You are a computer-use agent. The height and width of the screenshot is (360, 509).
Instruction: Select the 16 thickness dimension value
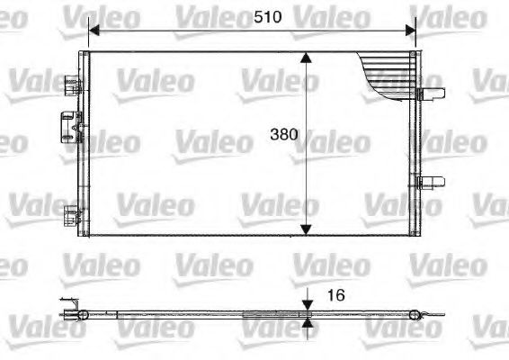[x=335, y=295]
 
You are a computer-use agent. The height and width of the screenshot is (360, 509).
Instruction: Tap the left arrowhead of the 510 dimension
[x=94, y=30]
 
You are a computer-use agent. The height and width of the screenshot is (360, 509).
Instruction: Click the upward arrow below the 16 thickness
[x=308, y=324]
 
